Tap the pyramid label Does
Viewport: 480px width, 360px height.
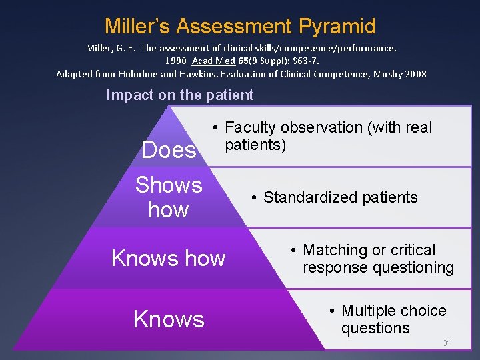169,150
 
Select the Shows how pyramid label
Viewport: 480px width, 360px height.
169,197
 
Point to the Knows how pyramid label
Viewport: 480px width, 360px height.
169,258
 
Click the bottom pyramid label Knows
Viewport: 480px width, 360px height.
169,319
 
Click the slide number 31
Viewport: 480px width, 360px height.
447,343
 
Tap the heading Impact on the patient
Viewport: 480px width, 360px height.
180,95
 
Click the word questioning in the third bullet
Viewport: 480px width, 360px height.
416,267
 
